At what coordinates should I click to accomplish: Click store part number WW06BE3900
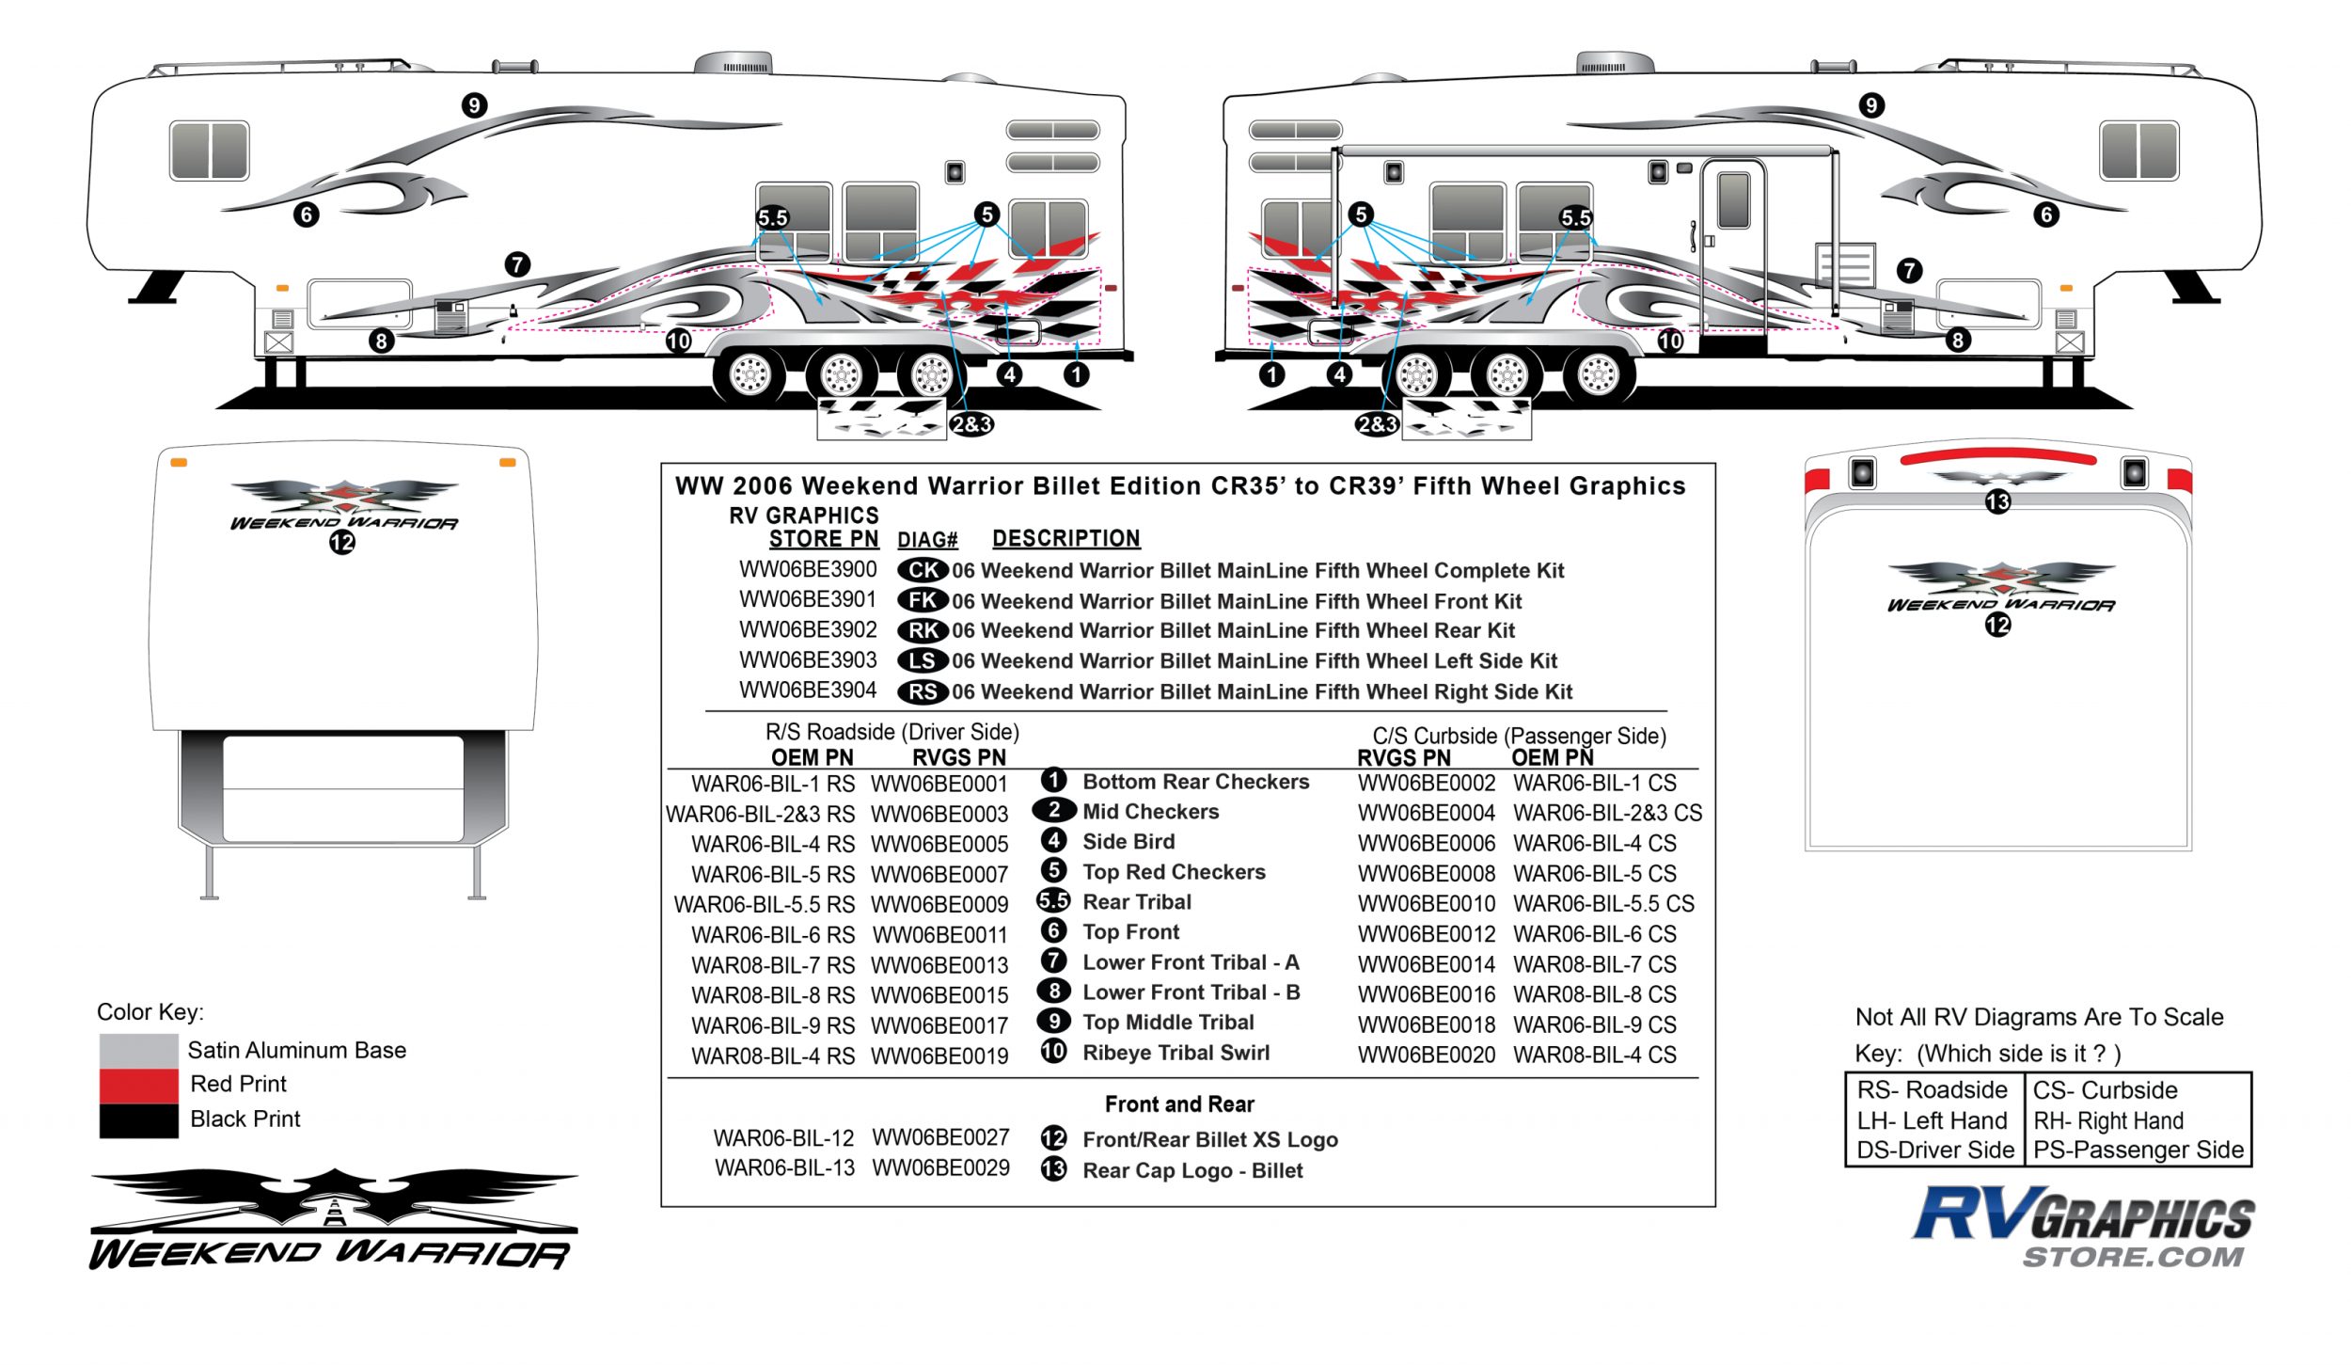click(x=807, y=570)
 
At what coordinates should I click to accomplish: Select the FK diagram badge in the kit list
click(x=922, y=600)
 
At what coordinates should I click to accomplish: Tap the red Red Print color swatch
click(x=138, y=1086)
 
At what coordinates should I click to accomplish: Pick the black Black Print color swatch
click(x=138, y=1120)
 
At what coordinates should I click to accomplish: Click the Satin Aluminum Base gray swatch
click(x=138, y=1051)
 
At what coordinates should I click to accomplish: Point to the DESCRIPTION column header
click(x=1065, y=539)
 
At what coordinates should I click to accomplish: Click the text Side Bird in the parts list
click(x=1128, y=842)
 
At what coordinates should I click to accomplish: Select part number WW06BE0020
click(x=1426, y=1055)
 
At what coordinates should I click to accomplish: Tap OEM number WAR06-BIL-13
click(x=784, y=1168)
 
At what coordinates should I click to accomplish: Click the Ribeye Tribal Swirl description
click(x=1175, y=1053)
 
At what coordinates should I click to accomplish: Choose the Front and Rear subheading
click(x=1179, y=1104)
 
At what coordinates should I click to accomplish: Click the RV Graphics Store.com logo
click(x=2083, y=1227)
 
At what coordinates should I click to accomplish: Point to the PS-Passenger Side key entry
click(x=2138, y=1151)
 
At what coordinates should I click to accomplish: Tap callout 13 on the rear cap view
click(x=1997, y=502)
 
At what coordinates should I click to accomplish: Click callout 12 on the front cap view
click(x=342, y=543)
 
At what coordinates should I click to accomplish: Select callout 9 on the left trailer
click(x=474, y=105)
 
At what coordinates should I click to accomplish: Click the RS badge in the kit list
click(x=922, y=692)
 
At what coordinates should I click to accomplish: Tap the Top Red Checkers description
click(x=1174, y=872)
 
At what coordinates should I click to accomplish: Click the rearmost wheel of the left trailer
click(x=932, y=374)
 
